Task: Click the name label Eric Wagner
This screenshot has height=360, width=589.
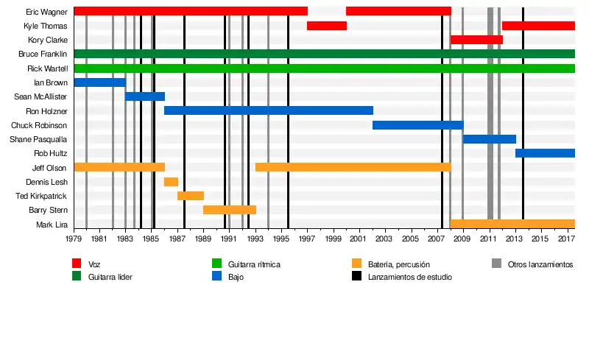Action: coord(47,12)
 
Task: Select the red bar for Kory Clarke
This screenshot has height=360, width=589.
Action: coord(476,40)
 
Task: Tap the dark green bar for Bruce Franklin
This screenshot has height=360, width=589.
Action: coord(324,54)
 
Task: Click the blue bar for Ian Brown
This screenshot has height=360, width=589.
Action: coord(99,82)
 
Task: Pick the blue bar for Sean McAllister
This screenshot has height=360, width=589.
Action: coord(145,96)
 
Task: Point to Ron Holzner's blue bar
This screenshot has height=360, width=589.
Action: coord(269,110)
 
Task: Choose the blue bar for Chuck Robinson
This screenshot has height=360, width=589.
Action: coord(417,125)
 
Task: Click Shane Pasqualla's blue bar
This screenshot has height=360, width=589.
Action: coord(489,139)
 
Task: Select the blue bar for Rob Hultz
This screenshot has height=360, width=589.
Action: coord(545,153)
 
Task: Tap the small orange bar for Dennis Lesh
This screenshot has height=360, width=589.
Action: coord(171,182)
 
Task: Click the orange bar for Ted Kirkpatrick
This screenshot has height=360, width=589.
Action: coord(191,196)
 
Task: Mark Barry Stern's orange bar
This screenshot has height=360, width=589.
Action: coord(230,210)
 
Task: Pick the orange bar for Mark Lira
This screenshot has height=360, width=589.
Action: coord(512,224)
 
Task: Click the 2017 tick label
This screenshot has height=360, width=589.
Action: coord(566,239)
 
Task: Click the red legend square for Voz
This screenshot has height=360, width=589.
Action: coord(77,264)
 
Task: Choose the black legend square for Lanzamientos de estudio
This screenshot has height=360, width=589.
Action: coord(357,277)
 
